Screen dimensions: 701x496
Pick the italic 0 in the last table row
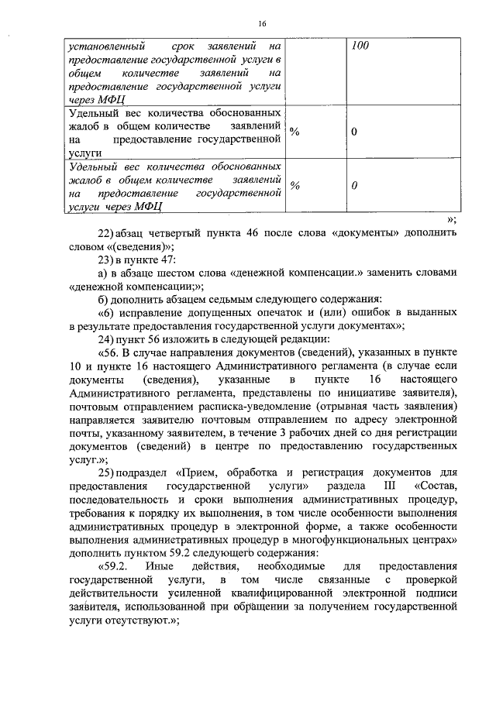tap(354, 186)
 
